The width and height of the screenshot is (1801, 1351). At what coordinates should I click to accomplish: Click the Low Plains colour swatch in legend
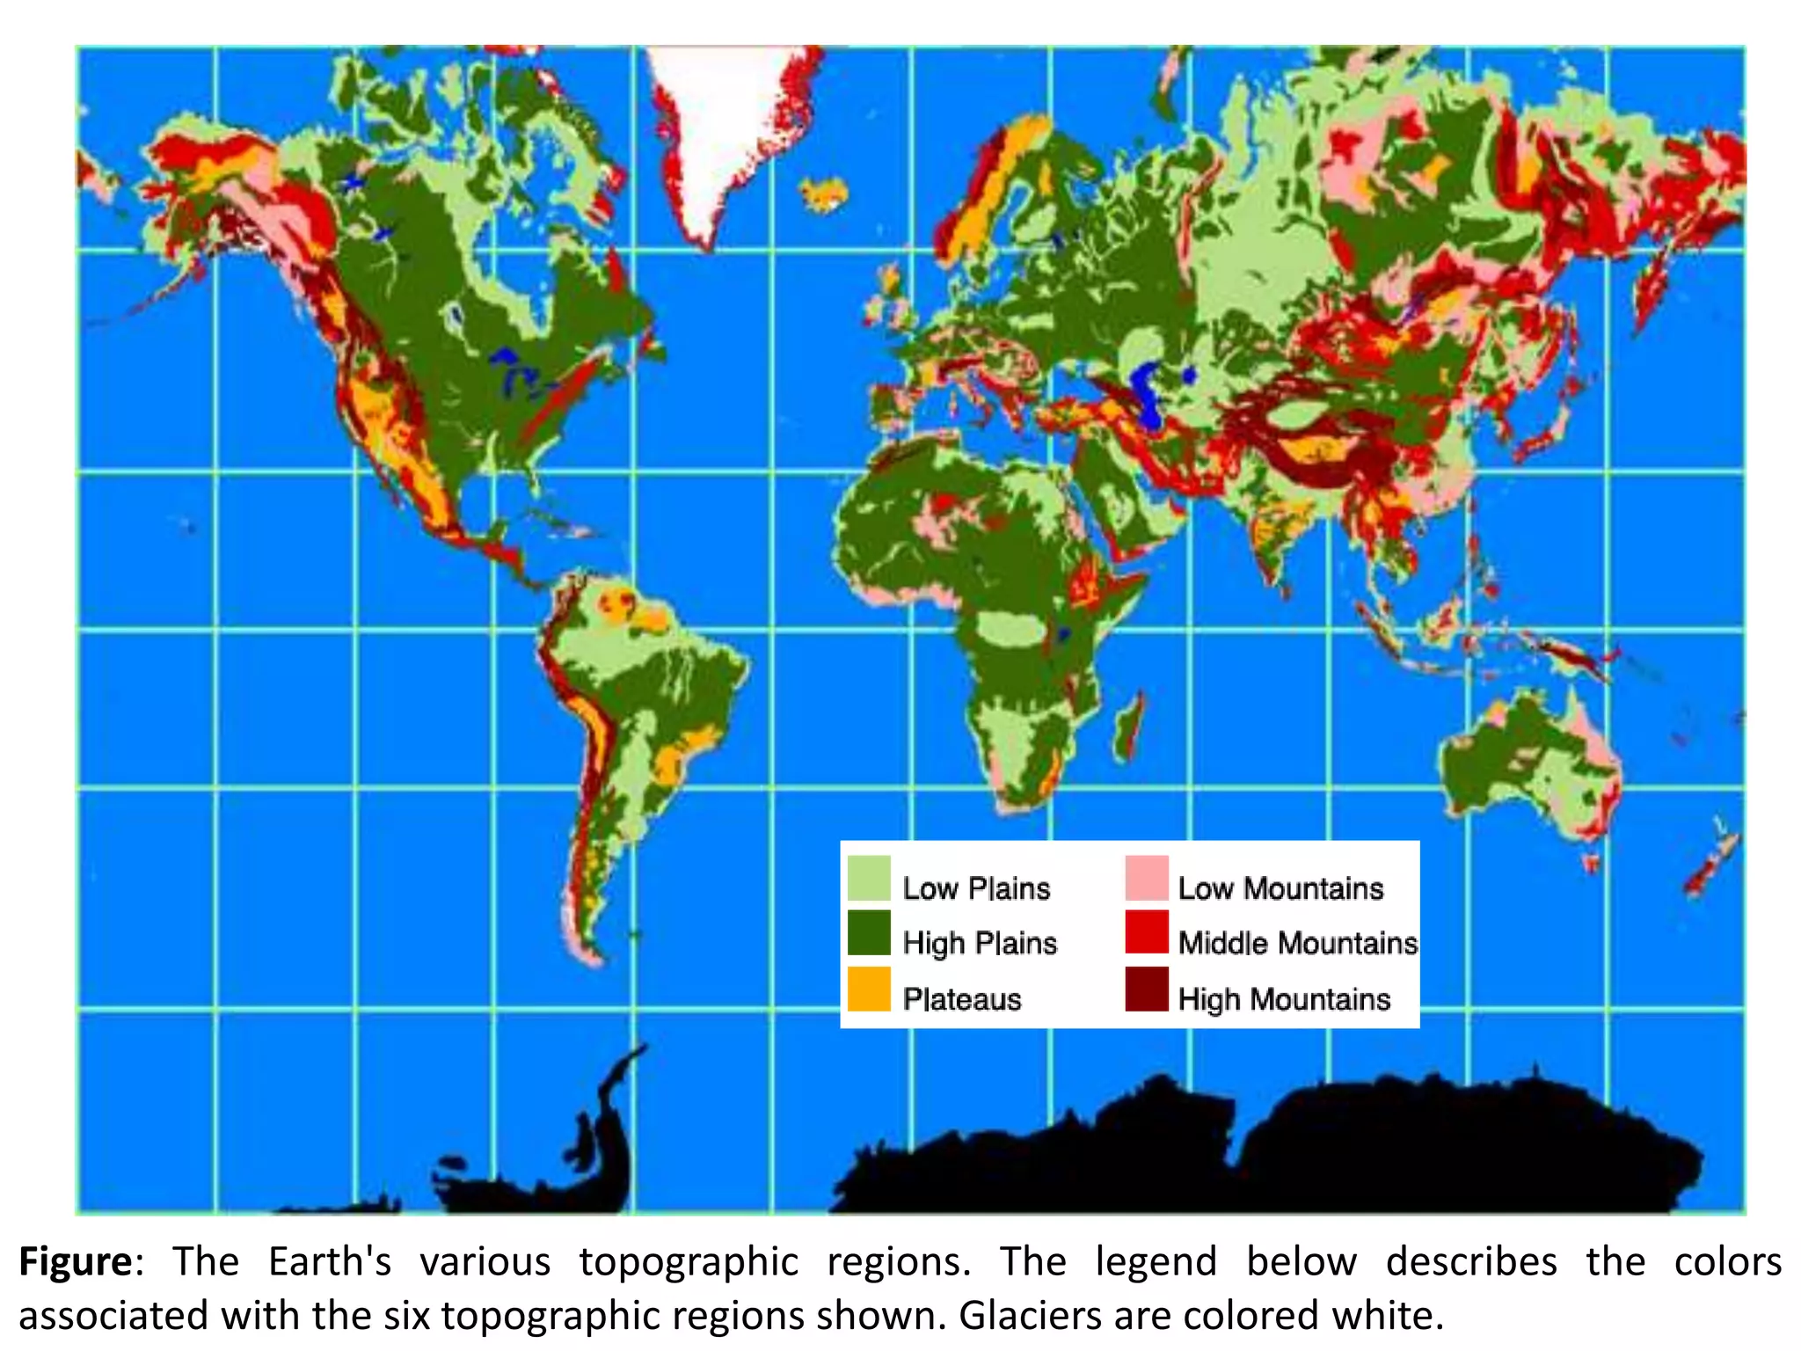869,879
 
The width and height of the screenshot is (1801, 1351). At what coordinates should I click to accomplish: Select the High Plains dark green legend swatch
869,933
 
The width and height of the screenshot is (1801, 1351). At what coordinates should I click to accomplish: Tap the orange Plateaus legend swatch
869,990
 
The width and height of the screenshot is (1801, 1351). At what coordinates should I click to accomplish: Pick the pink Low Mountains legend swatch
1147,879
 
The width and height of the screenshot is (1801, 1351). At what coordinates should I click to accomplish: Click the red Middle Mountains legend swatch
1147,933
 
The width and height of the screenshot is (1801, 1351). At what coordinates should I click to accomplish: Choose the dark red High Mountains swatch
1147,990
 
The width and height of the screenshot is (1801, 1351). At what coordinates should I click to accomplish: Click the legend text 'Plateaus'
962,999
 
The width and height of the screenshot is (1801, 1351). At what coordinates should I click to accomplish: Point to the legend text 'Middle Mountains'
1297,943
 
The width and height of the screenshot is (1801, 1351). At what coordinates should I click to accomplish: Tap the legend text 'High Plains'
980,943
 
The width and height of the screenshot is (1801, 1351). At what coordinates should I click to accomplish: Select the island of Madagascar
1129,727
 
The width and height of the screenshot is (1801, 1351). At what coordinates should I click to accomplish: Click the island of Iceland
825,194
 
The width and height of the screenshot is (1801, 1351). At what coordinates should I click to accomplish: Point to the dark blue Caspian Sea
1145,391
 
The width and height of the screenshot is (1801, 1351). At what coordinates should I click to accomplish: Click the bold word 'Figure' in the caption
76,1262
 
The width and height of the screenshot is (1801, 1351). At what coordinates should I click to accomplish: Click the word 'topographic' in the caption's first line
688,1262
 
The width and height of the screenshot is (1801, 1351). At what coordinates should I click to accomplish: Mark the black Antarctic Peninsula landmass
607,1135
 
